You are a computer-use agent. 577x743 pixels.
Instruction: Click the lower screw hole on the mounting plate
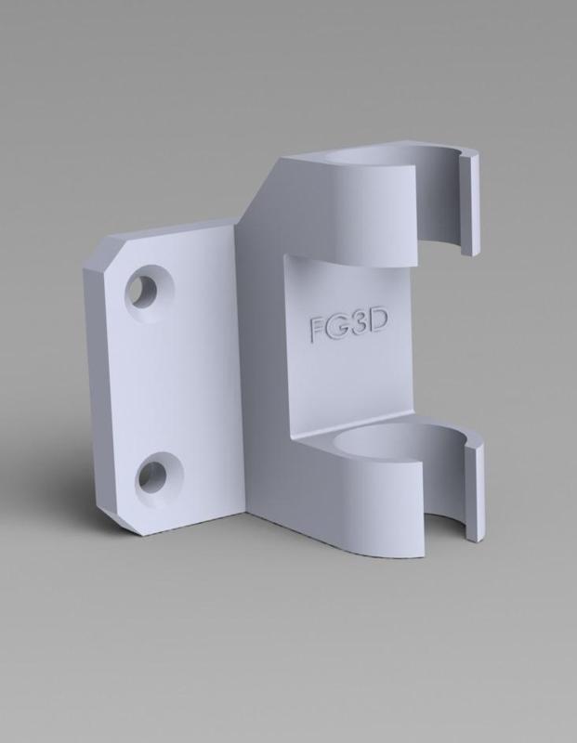pyautogui.click(x=154, y=476)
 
